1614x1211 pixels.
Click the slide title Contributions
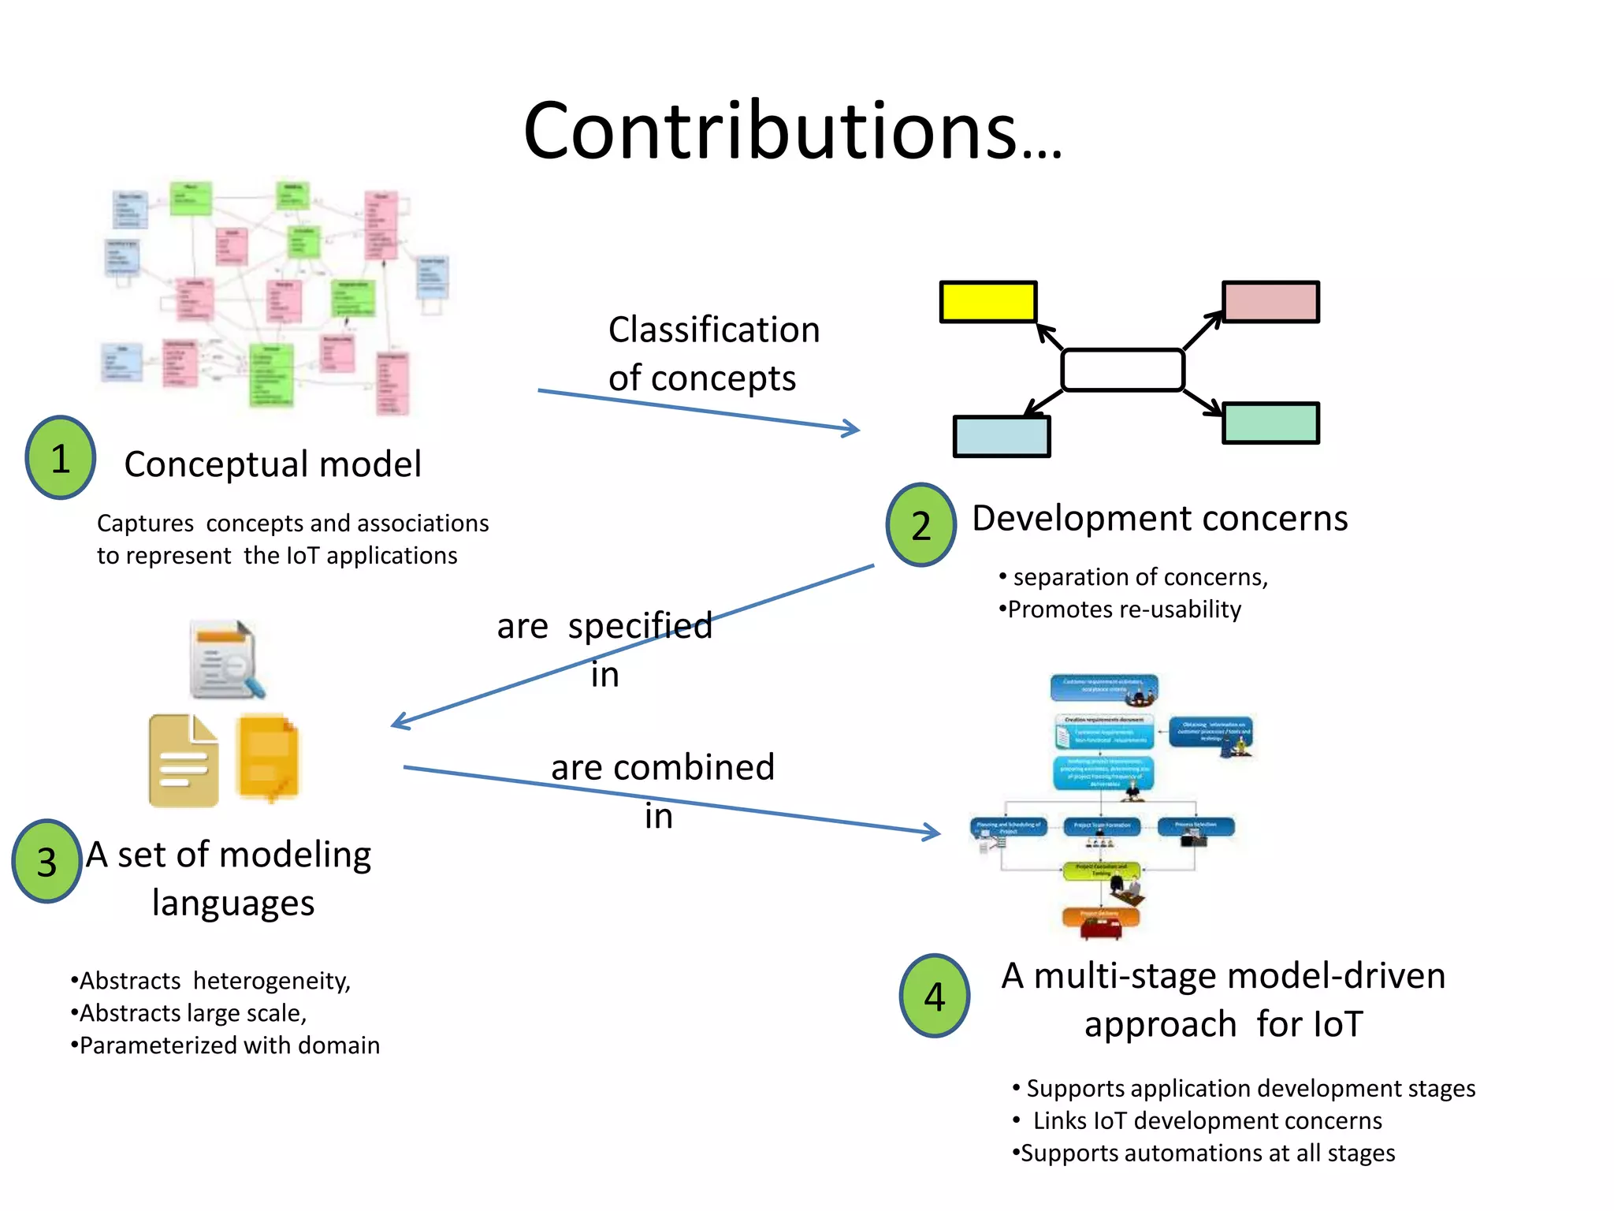[x=792, y=132]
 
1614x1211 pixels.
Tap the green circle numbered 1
[x=61, y=458]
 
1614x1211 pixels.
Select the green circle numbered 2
[x=920, y=525]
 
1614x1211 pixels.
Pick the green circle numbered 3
[x=47, y=861]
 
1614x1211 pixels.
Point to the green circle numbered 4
[x=934, y=996]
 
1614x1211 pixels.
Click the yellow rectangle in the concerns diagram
[x=988, y=302]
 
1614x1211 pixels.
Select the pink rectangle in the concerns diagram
[x=1270, y=302]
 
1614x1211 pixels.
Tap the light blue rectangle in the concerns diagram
[x=1002, y=436]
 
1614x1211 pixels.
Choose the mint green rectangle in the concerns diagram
[x=1270, y=423]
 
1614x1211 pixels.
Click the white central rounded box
[x=1122, y=370]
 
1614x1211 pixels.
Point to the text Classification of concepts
[x=713, y=353]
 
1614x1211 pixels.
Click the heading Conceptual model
[x=273, y=464]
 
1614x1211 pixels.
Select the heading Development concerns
[x=1159, y=518]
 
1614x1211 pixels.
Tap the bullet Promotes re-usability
[x=1123, y=609]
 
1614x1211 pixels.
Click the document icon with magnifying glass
[x=226, y=660]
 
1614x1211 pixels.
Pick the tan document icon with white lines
[x=183, y=761]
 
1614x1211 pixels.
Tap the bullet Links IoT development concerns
[x=1206, y=1120]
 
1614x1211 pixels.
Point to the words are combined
[x=662, y=767]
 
